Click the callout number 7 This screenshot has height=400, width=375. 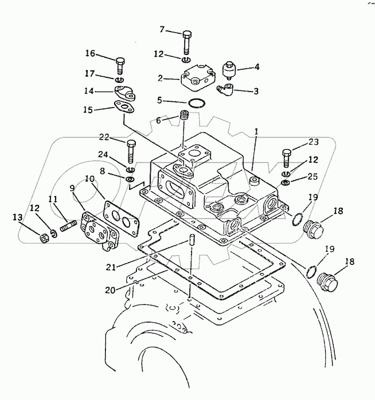coord(162,29)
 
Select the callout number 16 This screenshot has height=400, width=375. coord(91,54)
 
